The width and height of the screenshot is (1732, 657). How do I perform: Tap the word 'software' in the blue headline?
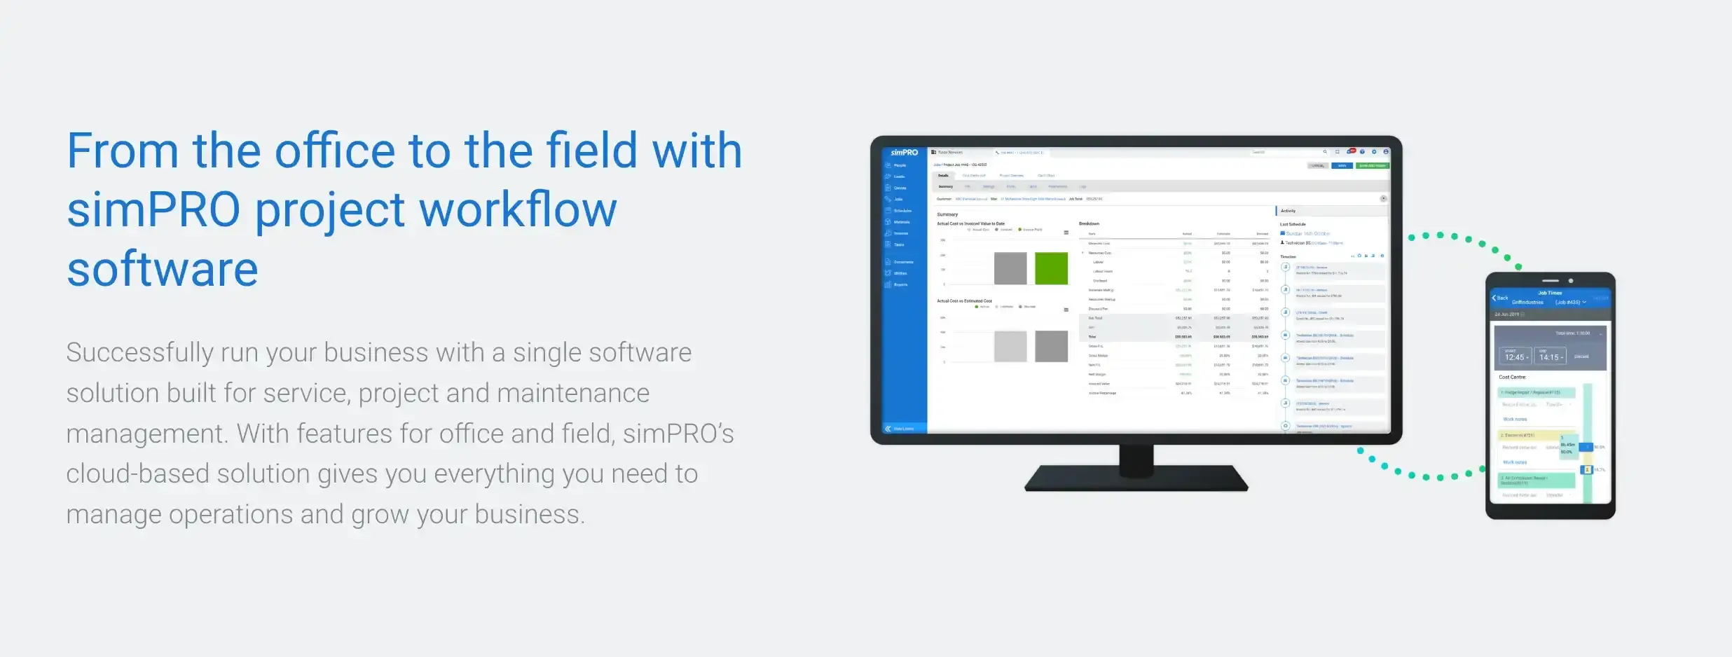coord(163,270)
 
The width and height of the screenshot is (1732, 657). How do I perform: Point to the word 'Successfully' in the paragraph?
coord(139,353)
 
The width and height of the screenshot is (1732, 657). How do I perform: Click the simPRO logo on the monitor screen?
coord(904,153)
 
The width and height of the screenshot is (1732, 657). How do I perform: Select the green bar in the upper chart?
coord(1051,268)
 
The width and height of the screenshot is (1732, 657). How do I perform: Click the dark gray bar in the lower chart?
coord(1051,347)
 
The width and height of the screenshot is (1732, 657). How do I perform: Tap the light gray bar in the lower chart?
coord(1010,347)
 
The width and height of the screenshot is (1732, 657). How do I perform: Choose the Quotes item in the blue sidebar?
coord(900,188)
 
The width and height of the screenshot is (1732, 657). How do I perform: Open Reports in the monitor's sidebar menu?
coord(900,284)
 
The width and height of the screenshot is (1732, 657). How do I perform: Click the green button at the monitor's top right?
coord(1372,166)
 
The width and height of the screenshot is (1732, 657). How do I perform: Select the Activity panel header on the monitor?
coord(1288,211)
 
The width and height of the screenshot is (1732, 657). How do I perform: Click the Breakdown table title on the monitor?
coord(1089,223)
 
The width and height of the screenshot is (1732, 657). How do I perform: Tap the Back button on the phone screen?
coord(1500,298)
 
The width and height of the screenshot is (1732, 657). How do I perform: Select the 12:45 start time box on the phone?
coord(1515,357)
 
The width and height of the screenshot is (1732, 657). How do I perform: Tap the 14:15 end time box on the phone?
coord(1551,357)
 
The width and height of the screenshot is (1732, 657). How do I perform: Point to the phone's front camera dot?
coord(1571,281)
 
